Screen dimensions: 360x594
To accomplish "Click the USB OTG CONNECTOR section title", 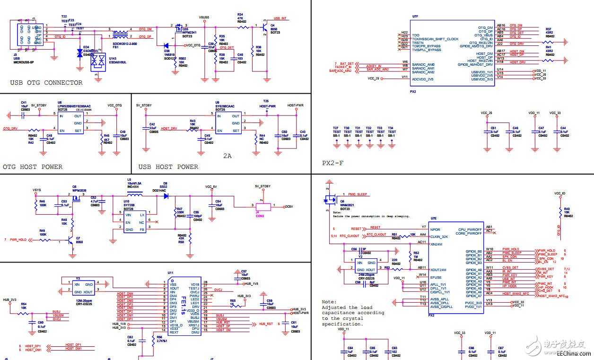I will pos(46,83).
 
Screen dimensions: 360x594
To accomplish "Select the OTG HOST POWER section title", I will pos(32,167).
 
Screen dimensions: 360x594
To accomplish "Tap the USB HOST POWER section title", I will pos(168,167).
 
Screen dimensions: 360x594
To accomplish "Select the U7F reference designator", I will pos(415,17).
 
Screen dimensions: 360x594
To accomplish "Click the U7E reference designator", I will pos(434,219).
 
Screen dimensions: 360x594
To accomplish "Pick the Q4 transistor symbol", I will pos(262,29).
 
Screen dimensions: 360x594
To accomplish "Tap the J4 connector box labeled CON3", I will pos(263,207).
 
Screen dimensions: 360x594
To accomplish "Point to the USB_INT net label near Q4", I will pos(280,19).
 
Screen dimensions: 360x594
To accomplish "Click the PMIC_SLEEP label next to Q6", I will pos(358,194).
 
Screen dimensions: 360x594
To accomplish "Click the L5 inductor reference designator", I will pos(129,180).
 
